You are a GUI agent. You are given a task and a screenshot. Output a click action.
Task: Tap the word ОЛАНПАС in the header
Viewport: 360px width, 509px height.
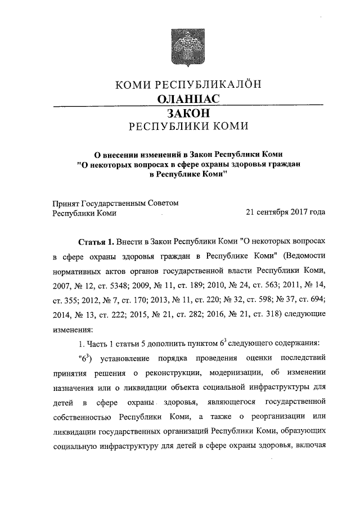pyautogui.click(x=187, y=99)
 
